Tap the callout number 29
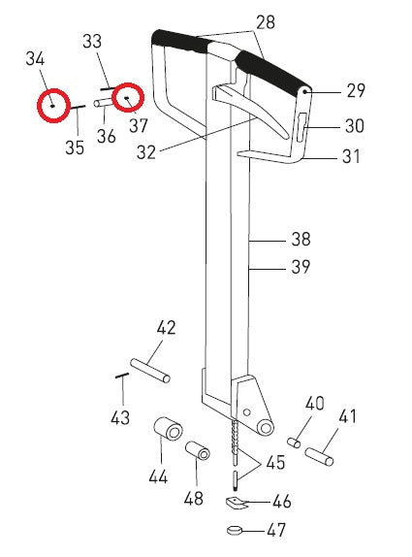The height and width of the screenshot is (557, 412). [x=356, y=90]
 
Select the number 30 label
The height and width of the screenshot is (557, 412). [x=356, y=125]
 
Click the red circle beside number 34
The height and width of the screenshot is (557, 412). [x=52, y=102]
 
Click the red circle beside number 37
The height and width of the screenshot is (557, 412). [x=127, y=98]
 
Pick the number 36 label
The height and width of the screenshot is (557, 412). [x=107, y=137]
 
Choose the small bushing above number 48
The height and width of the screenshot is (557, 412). [x=198, y=452]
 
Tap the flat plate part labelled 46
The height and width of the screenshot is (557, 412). [x=237, y=502]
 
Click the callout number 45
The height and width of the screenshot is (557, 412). [x=275, y=464]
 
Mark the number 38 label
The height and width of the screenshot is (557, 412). [x=300, y=238]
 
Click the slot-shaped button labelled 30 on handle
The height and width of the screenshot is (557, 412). [x=301, y=126]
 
